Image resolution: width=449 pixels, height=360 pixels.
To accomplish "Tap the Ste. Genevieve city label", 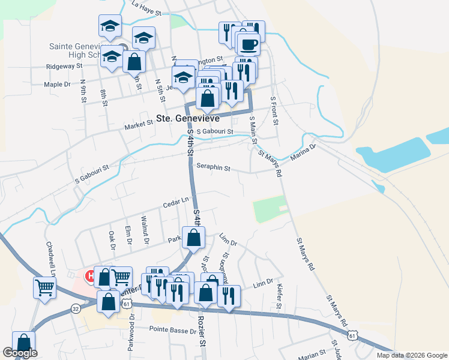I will point(181,119).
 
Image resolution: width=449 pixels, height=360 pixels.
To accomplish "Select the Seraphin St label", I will point(213,169).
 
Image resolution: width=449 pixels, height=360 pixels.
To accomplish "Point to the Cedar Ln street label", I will point(175,202).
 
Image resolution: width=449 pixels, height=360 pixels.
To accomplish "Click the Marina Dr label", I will point(304,151).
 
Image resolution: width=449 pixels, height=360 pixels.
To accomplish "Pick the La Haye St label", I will point(146,8).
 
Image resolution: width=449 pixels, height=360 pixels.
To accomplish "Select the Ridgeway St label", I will point(63,66).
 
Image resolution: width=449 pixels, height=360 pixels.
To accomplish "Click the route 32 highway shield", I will point(75,308).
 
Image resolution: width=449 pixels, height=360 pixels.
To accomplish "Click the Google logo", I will point(20,353).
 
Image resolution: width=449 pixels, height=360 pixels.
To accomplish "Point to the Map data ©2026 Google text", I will point(411,355).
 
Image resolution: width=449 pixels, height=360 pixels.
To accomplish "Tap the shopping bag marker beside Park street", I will point(194,237).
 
